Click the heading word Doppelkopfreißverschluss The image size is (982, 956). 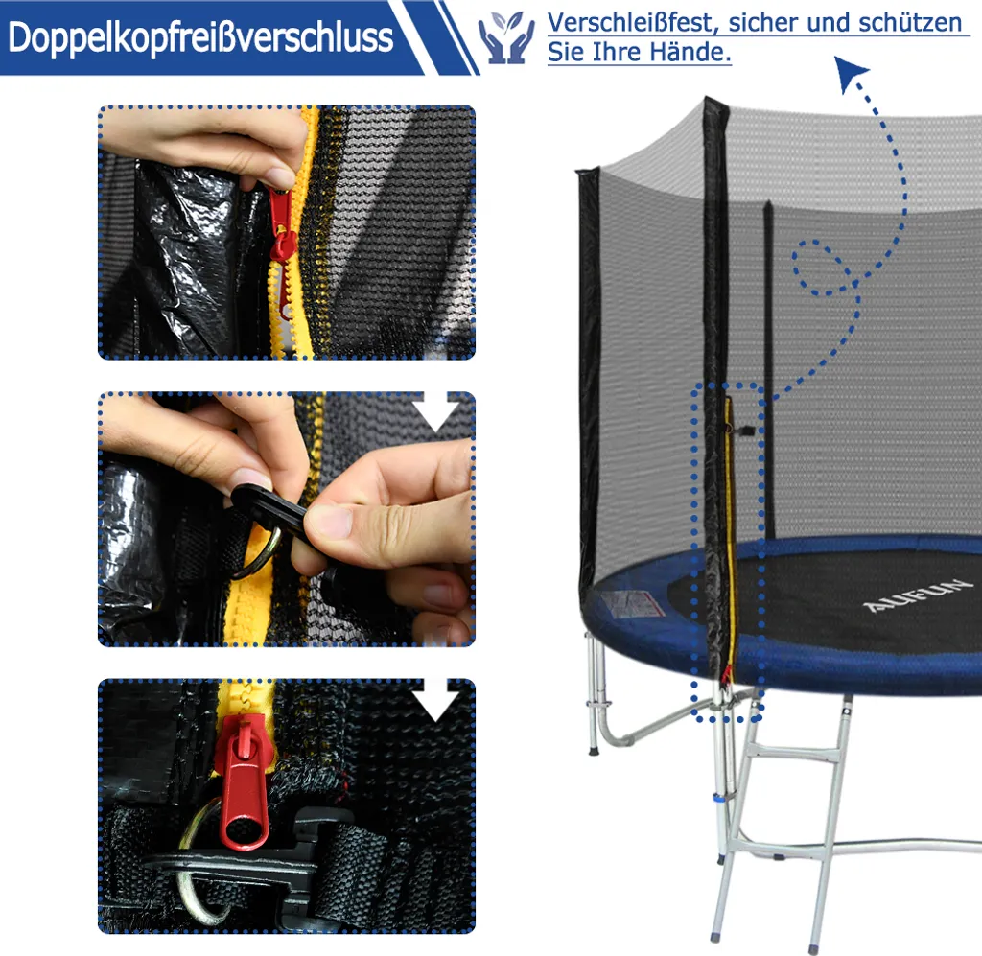click(x=200, y=37)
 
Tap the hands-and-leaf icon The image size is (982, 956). click(x=506, y=37)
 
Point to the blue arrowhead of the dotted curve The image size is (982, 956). click(x=850, y=73)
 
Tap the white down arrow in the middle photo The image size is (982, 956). click(x=437, y=411)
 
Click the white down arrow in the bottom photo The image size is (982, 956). click(x=437, y=700)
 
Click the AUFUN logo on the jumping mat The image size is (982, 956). click(x=917, y=595)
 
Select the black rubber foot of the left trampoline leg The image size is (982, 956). click(x=593, y=749)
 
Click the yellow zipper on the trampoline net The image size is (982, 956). click(x=730, y=539)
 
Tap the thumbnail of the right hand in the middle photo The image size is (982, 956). click(x=329, y=521)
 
